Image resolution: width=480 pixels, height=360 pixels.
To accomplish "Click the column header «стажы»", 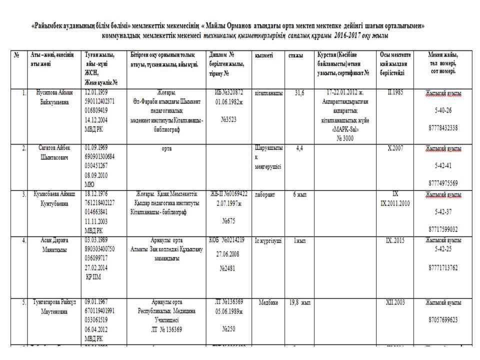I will click(295, 55).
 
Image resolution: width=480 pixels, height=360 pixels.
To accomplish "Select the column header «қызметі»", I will click(263, 55).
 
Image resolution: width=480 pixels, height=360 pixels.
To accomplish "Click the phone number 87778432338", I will click(443, 128).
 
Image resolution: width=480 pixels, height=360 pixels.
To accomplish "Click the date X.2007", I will click(395, 148).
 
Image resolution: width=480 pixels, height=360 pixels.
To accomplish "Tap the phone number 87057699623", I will click(443, 319).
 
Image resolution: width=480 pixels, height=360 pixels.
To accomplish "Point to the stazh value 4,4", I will click(300, 148).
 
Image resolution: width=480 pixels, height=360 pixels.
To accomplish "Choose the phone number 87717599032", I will click(443, 229).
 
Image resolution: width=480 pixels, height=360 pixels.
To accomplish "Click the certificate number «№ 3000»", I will click(344, 138).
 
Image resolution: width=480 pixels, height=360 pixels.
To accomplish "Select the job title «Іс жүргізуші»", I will click(268, 241).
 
